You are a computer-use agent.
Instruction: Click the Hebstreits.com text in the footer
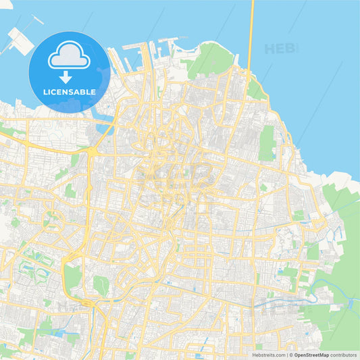[268, 354]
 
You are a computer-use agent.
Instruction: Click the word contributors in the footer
[344, 354]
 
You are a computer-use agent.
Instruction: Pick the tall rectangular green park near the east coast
[267, 143]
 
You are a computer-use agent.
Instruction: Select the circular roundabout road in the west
[52, 220]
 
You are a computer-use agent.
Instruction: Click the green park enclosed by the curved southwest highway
[73, 277]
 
